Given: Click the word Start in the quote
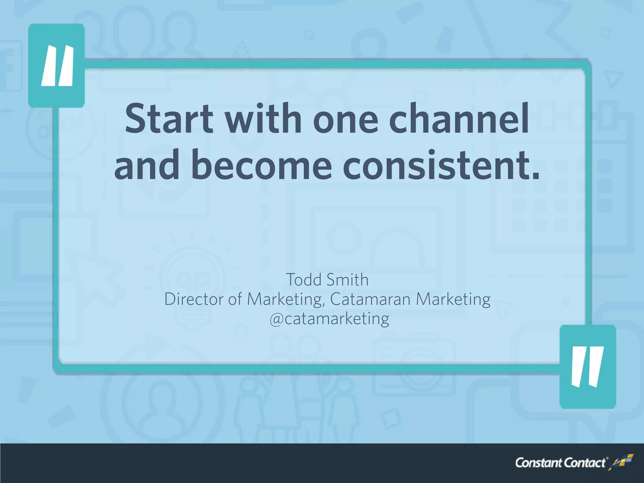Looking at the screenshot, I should coord(169,119).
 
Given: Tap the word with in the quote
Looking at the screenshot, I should coord(263,119).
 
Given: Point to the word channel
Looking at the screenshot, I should coord(459,119).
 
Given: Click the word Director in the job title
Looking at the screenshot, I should coord(193,299).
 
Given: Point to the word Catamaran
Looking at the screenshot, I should coord(370,299).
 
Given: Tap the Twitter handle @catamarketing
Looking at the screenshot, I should coord(329,319).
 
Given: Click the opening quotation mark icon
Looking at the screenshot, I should coord(57,65).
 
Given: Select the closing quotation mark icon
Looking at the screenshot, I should coord(587,367).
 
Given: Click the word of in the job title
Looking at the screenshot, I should coord(235,299).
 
